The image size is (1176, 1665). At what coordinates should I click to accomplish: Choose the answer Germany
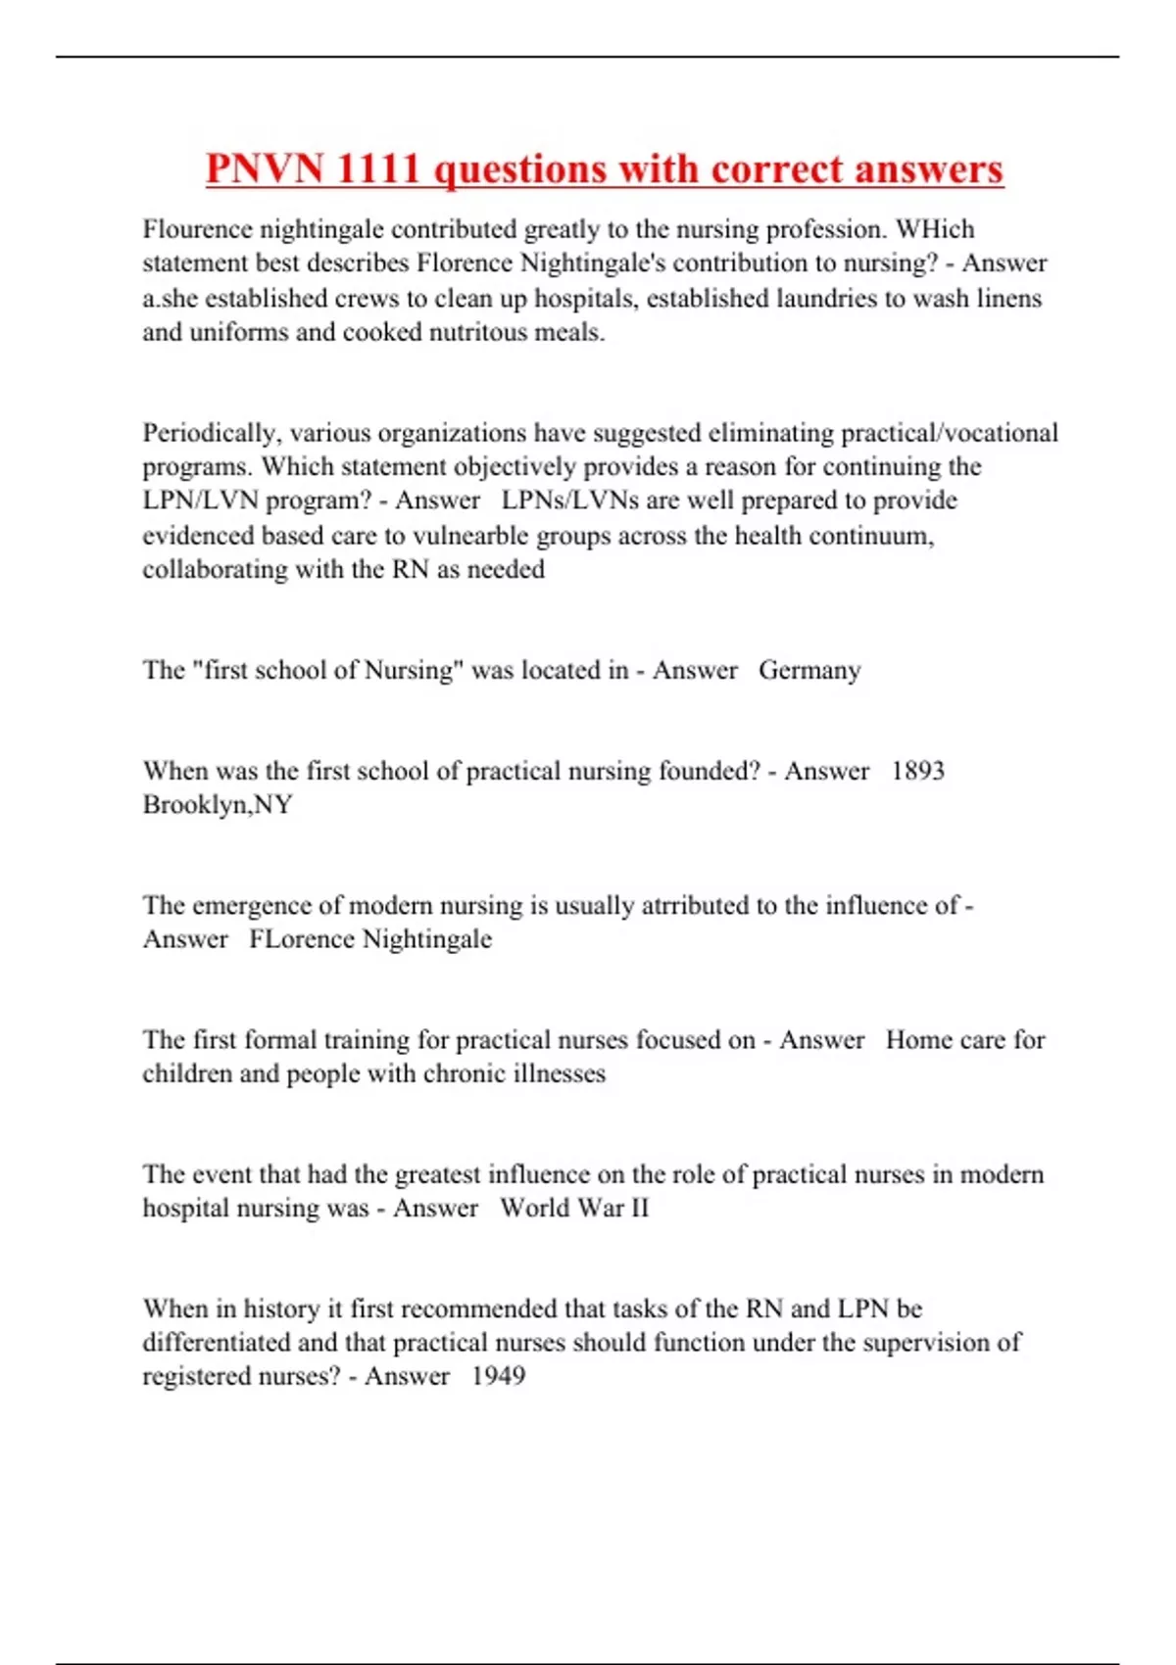809,670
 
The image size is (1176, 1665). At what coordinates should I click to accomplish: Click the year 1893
917,771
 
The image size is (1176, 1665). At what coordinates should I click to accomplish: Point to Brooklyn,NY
218,805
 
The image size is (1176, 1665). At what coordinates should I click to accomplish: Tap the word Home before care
918,1039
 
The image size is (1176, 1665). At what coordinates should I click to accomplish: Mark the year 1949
498,1376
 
